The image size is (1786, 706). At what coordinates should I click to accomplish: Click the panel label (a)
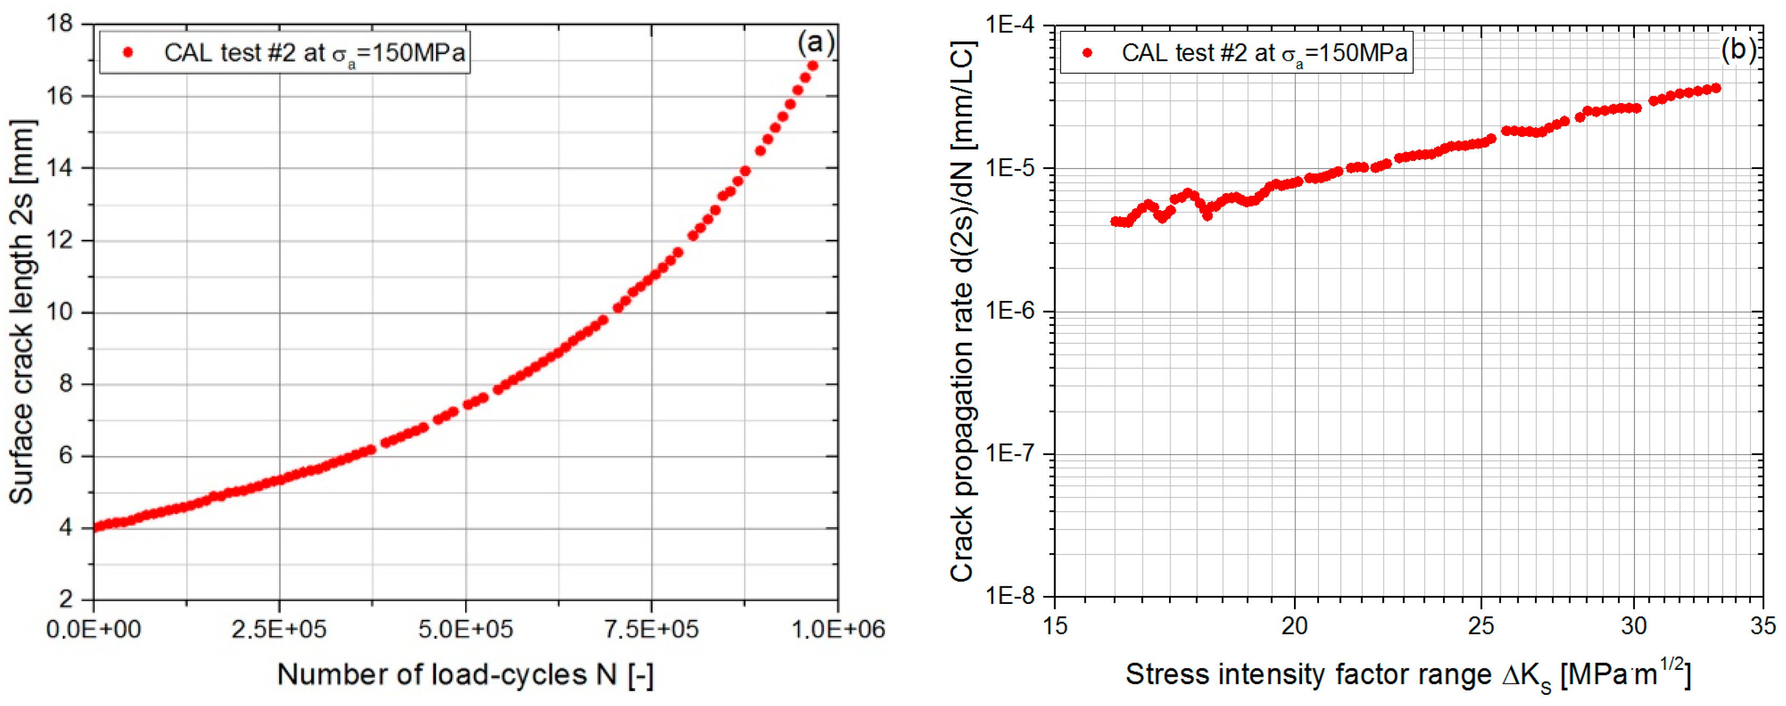tap(815, 43)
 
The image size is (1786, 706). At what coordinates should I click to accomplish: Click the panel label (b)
tap(1739, 50)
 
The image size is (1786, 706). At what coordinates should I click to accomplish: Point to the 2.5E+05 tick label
tap(279, 629)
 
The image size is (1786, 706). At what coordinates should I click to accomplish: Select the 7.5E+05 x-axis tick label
tap(651, 629)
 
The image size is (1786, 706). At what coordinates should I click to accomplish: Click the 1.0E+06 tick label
tap(838, 629)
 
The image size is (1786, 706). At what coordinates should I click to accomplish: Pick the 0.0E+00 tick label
tap(93, 629)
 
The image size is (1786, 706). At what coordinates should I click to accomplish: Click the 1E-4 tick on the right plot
tap(1009, 26)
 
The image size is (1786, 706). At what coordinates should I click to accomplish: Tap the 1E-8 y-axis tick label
tap(1009, 596)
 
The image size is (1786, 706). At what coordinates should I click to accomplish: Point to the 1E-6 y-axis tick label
tap(1009, 311)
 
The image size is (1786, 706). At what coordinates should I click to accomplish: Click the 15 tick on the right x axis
tap(1055, 626)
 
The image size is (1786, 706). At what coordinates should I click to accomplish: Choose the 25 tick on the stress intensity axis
tap(1481, 626)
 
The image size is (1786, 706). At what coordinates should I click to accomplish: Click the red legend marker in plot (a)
tap(128, 52)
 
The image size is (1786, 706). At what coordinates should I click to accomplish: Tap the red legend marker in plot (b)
tap(1087, 53)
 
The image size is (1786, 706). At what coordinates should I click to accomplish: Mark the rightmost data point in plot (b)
tap(1716, 88)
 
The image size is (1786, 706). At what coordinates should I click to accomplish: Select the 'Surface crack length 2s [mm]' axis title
tap(22, 312)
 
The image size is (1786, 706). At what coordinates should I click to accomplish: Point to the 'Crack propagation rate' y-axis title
tap(962, 312)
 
